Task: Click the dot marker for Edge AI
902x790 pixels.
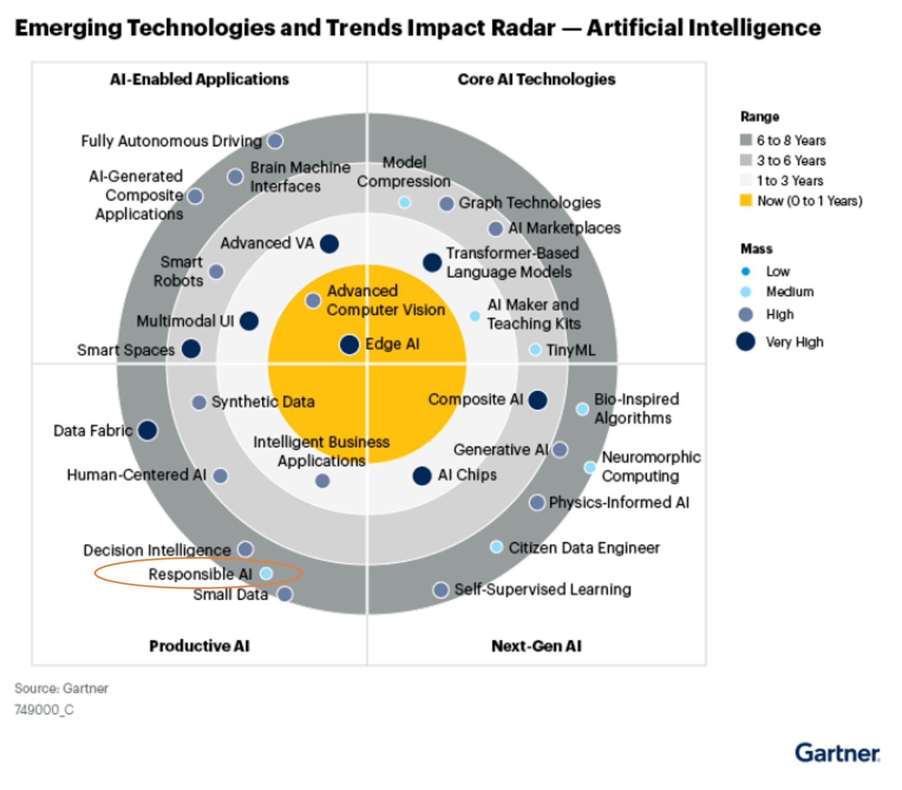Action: (x=349, y=345)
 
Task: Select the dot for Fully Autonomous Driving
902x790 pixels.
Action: (x=275, y=140)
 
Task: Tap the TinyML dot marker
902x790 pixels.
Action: (x=535, y=350)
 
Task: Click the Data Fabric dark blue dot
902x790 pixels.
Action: (x=148, y=430)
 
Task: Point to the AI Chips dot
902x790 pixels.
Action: (x=422, y=476)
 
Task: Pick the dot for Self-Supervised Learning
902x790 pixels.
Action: (x=441, y=589)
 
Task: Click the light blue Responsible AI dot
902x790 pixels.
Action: (x=266, y=573)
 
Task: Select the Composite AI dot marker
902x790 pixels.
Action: (x=538, y=400)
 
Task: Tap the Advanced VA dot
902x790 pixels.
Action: (x=329, y=243)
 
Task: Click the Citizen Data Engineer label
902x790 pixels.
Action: (x=584, y=548)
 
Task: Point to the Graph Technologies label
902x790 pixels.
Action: (x=529, y=203)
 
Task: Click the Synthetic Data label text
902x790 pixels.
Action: (x=263, y=402)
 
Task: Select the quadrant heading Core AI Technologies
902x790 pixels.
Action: (x=536, y=79)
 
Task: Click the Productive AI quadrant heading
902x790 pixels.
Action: (x=199, y=646)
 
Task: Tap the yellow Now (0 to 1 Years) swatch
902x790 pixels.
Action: (x=746, y=201)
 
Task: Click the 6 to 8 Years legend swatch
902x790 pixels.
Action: (x=746, y=140)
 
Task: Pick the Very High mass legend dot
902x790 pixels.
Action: (x=746, y=342)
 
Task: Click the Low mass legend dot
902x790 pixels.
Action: (x=746, y=271)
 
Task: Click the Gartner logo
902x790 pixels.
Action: (x=837, y=753)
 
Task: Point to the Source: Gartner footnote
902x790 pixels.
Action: (x=61, y=688)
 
